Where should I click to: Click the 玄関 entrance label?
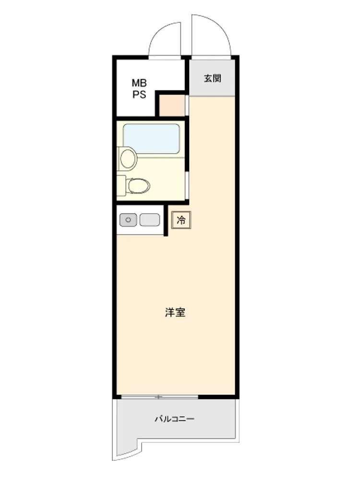213,78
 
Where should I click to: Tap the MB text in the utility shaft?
139,83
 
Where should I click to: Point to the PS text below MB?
139,95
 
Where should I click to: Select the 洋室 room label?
175,312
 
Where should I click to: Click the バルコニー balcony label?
175,419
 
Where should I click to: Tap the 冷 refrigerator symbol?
181,220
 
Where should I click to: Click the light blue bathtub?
151,139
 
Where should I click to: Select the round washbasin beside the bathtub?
128,158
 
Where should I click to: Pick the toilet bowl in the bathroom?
139,185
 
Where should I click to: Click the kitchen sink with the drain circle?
128,220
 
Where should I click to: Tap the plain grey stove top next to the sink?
150,220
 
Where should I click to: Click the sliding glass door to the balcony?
159,397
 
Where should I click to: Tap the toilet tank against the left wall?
121,185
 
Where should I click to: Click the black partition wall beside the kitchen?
166,220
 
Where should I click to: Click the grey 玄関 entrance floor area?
212,77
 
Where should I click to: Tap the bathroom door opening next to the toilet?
187,185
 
